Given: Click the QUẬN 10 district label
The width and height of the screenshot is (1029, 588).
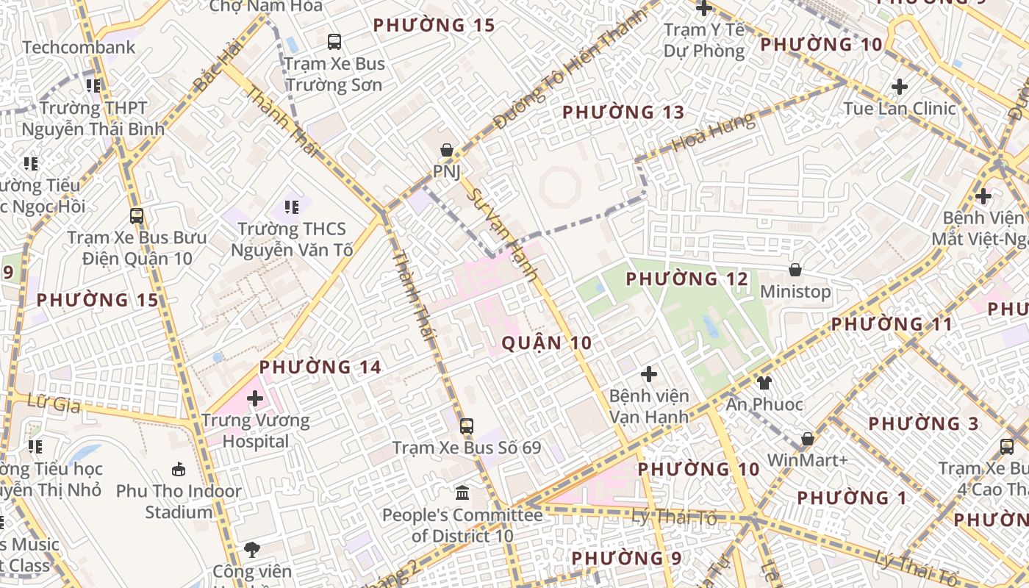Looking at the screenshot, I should (546, 343).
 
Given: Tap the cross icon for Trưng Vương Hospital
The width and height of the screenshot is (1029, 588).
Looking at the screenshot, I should (255, 398).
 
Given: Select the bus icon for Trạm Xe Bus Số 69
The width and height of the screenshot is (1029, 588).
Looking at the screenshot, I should (466, 426).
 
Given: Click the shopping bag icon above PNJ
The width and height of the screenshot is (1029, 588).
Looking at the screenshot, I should (446, 151).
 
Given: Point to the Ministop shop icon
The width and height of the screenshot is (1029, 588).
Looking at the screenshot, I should (795, 270).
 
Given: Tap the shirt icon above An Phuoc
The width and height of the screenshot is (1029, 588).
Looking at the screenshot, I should (764, 382).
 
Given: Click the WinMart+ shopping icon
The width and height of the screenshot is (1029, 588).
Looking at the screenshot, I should (807, 439).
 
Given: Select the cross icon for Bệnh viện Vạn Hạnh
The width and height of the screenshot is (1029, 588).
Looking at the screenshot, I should (648, 374).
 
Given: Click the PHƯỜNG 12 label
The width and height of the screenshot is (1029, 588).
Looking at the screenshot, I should (686, 279).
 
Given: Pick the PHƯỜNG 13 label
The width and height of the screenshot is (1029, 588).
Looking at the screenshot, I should (623, 112).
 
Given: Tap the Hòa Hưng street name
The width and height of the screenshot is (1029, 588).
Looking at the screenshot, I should (714, 132).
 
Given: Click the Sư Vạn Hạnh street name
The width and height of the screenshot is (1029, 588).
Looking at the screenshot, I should (505, 234).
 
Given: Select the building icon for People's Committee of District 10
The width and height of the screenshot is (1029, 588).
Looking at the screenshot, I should (462, 492).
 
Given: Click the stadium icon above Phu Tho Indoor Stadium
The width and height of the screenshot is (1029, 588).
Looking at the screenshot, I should (178, 469).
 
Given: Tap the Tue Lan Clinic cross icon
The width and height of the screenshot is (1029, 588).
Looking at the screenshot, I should (899, 87).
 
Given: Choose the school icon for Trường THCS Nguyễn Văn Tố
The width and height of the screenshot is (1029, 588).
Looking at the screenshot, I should (292, 207).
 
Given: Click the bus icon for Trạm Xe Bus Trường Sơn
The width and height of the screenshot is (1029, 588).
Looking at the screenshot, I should (334, 41).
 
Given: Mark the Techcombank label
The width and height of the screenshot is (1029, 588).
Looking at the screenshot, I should (79, 48).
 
